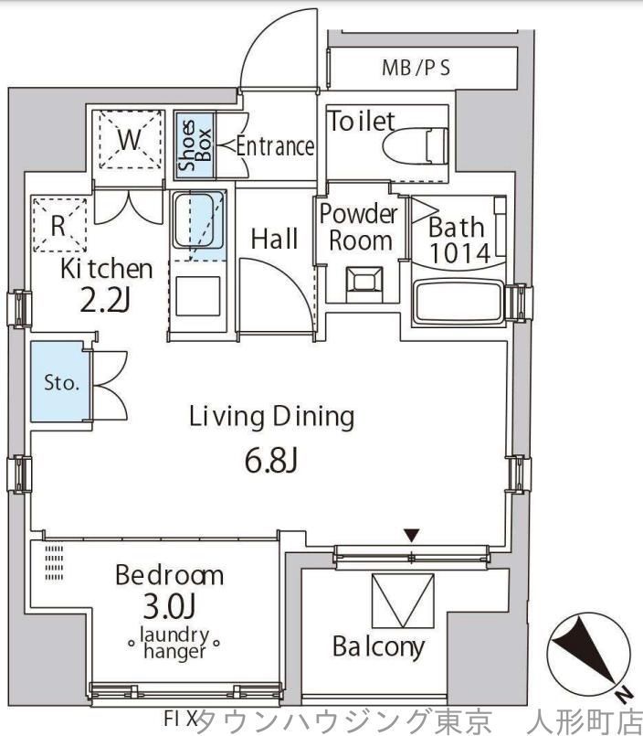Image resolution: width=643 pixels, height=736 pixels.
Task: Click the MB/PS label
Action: tap(416, 68)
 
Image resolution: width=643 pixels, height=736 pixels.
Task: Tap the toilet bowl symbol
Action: tap(415, 146)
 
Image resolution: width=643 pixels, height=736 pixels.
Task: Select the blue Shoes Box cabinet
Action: tap(195, 145)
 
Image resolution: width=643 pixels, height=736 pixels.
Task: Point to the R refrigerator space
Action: tap(59, 225)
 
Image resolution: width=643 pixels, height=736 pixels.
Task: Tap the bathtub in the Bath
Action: tap(459, 303)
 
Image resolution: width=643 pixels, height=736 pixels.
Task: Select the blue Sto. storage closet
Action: tap(60, 381)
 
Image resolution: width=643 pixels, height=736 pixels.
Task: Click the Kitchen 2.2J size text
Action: tap(105, 301)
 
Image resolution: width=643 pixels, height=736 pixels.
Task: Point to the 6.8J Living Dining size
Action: tap(271, 462)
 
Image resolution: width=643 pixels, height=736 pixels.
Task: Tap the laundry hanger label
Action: tap(174, 643)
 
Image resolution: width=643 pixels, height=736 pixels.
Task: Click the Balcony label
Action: tap(378, 647)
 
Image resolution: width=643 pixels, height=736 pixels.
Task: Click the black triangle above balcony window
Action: tap(411, 535)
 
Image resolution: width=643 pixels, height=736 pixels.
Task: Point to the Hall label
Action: tap(274, 239)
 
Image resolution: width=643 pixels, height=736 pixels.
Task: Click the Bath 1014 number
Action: tap(459, 253)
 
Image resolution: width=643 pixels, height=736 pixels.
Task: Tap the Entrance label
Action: tap(275, 146)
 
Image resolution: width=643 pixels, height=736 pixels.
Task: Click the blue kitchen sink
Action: tap(199, 220)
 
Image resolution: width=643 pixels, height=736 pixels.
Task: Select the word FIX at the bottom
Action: tap(180, 718)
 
